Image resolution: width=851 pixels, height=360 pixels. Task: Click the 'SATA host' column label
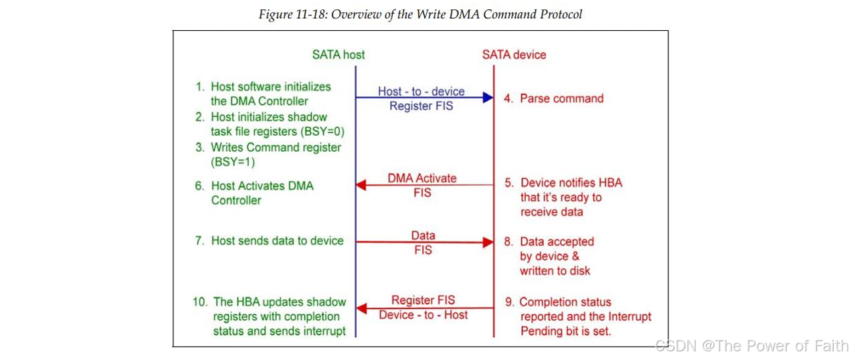(339, 54)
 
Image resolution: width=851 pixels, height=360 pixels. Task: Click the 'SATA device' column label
(514, 54)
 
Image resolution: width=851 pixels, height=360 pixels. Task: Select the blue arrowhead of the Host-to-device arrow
(488, 98)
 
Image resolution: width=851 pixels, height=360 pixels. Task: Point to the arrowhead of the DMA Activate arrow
(362, 185)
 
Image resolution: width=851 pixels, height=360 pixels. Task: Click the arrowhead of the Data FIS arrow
(488, 242)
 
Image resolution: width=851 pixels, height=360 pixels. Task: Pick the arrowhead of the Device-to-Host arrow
(362, 308)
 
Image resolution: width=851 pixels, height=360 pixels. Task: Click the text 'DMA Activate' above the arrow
(422, 178)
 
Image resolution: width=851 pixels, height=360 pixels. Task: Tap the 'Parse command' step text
(561, 98)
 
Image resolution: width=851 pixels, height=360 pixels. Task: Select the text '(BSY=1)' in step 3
(233, 162)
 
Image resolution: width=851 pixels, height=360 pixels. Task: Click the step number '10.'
(201, 302)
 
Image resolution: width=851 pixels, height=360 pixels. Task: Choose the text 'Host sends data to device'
(277, 240)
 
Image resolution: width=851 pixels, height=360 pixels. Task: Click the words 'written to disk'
(555, 270)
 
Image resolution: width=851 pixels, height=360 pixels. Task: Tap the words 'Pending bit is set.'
(565, 331)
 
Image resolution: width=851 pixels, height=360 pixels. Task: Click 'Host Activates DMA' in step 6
(262, 185)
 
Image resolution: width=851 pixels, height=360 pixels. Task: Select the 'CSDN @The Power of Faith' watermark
(752, 345)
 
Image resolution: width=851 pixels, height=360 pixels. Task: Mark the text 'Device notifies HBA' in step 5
(571, 183)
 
